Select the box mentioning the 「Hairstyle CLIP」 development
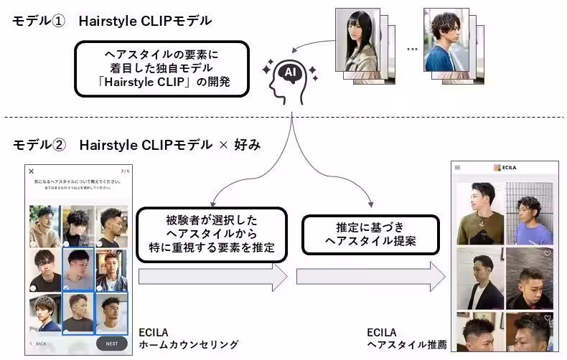click(161, 69)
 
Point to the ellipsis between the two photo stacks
click(412, 49)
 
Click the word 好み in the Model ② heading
click(245, 145)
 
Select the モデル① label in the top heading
click(38, 21)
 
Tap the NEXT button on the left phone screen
click(111, 344)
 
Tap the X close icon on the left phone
click(31, 171)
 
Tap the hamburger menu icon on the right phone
click(457, 168)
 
